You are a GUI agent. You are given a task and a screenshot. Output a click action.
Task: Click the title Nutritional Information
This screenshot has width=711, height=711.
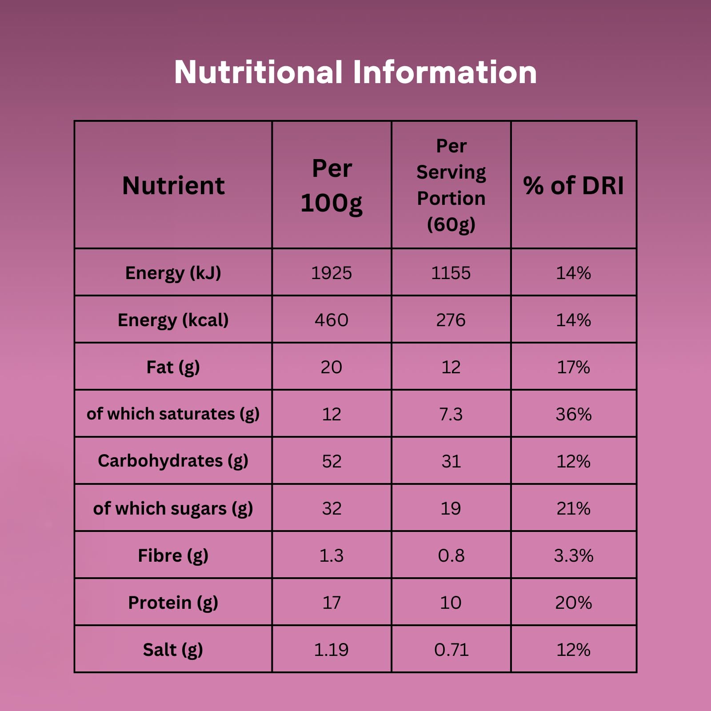point(355,72)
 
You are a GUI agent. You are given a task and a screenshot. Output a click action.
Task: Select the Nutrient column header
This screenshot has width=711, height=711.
point(173,185)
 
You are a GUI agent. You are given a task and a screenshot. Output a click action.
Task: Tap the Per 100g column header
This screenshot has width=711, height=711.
point(332,185)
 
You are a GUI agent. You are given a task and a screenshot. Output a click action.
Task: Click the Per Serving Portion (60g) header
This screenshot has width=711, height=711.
point(451,185)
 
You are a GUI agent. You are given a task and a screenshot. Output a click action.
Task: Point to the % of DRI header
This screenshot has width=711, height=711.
point(573,185)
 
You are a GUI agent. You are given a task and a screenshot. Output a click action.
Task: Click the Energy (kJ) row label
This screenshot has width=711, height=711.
point(173,273)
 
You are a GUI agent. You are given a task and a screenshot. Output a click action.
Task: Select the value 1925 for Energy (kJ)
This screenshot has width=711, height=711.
point(332,273)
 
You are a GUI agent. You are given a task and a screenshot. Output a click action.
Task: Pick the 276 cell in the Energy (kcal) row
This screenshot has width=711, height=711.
point(451,320)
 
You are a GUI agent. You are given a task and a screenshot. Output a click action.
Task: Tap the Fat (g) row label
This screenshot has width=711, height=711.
point(173,367)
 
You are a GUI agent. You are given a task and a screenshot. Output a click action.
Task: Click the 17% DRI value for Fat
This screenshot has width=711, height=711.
point(573,367)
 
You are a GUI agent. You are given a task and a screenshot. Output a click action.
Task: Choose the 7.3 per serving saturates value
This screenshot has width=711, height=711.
point(451,414)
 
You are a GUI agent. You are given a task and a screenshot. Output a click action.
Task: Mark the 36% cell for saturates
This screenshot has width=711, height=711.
point(573,414)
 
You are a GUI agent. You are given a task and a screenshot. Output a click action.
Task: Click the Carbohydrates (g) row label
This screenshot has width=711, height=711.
point(173,461)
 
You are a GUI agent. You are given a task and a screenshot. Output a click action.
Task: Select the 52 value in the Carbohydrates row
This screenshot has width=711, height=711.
point(332,461)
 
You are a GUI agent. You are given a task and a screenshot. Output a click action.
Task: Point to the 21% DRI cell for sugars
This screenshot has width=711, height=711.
point(573,508)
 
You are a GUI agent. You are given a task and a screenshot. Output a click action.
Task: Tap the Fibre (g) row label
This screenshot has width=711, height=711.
point(173,555)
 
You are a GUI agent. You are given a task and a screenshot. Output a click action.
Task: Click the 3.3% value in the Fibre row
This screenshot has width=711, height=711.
point(573,555)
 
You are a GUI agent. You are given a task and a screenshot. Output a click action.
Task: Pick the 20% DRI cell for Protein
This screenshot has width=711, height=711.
point(573,603)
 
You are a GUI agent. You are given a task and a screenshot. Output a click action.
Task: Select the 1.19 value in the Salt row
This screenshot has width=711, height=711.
point(332,650)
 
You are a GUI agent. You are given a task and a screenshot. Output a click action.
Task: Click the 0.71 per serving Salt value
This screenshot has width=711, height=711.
point(451,650)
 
